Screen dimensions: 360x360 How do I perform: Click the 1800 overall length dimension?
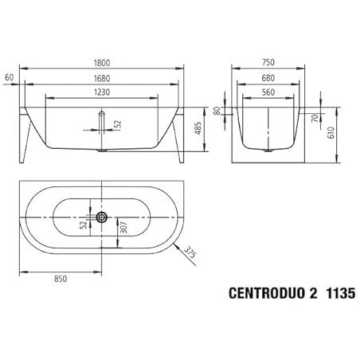pyautogui.click(x=102, y=63)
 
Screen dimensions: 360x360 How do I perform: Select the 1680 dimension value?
pyautogui.click(x=102, y=79)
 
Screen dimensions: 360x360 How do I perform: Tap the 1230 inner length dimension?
pyautogui.click(x=102, y=92)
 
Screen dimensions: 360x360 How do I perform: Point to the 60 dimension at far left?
pyautogui.click(x=10, y=77)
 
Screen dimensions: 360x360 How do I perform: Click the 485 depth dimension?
pyautogui.click(x=198, y=128)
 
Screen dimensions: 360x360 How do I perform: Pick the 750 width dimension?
pyautogui.click(x=268, y=62)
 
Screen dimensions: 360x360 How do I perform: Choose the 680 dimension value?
pyautogui.click(x=268, y=78)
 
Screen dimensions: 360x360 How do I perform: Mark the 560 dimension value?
pyautogui.click(x=268, y=92)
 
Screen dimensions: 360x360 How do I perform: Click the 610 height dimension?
pyautogui.click(x=331, y=133)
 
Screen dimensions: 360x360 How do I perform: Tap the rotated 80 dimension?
pyautogui.click(x=217, y=111)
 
